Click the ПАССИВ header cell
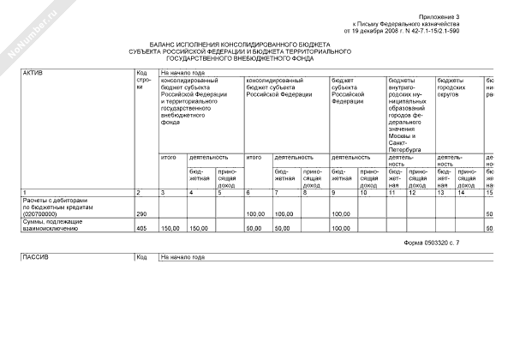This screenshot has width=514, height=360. tap(35, 257)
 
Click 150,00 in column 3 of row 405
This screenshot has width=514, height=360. tap(170, 228)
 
